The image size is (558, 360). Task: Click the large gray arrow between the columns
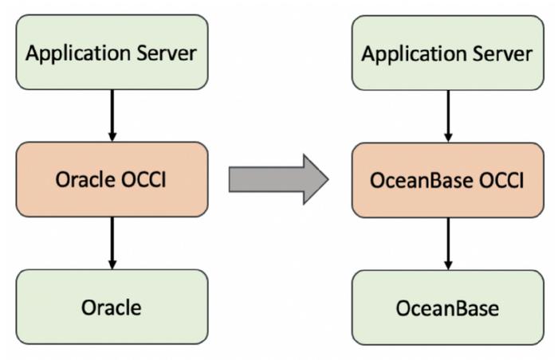[278, 179]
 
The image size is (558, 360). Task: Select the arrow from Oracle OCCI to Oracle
[112, 243]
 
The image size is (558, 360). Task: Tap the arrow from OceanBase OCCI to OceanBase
[448, 244]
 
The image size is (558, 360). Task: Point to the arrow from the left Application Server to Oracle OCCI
[112, 115]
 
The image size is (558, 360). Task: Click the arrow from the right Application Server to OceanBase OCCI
[448, 116]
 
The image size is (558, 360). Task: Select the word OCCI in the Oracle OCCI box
[143, 179]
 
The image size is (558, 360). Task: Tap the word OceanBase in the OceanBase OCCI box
[422, 180]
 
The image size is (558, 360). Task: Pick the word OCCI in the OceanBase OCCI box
[501, 180]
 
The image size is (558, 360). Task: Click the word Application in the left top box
[78, 53]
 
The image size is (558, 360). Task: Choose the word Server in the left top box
[167, 53]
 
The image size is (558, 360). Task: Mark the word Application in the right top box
[414, 54]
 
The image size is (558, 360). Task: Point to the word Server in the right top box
[502, 54]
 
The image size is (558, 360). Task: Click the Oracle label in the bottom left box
[112, 307]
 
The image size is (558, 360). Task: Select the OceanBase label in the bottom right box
[447, 308]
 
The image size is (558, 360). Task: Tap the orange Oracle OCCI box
[112, 179]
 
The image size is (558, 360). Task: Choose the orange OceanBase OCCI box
[448, 180]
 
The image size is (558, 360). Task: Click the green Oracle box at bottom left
[112, 307]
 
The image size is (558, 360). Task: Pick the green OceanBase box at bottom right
[448, 307]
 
